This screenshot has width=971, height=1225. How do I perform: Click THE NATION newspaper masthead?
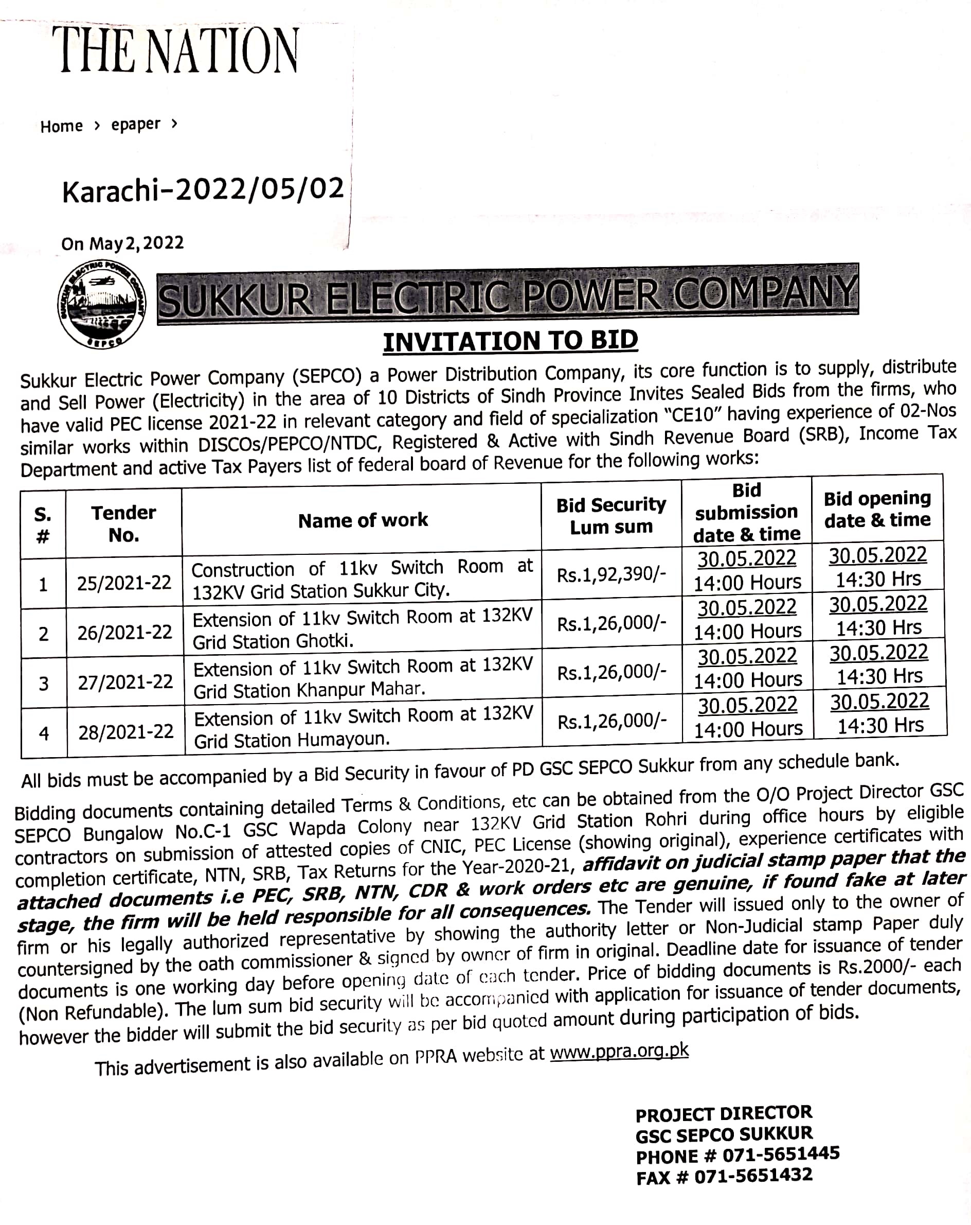(x=178, y=51)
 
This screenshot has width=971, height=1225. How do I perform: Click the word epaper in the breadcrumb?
(x=136, y=125)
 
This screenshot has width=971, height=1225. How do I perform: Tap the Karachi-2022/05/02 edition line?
(x=203, y=190)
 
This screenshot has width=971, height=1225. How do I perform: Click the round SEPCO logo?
(x=102, y=305)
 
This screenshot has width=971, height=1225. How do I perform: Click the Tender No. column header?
(x=124, y=523)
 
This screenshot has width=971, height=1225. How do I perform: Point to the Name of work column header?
(x=363, y=520)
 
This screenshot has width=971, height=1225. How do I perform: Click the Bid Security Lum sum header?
(x=611, y=516)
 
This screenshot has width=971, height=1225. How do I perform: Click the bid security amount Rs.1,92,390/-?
(x=611, y=575)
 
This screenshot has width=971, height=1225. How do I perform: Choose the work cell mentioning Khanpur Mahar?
(x=363, y=678)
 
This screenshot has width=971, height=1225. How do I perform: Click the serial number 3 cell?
(x=44, y=684)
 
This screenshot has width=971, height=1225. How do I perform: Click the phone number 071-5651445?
(x=781, y=1154)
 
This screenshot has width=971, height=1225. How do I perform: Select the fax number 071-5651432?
(x=753, y=1176)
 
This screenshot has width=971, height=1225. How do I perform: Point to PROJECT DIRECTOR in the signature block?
(x=724, y=1113)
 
